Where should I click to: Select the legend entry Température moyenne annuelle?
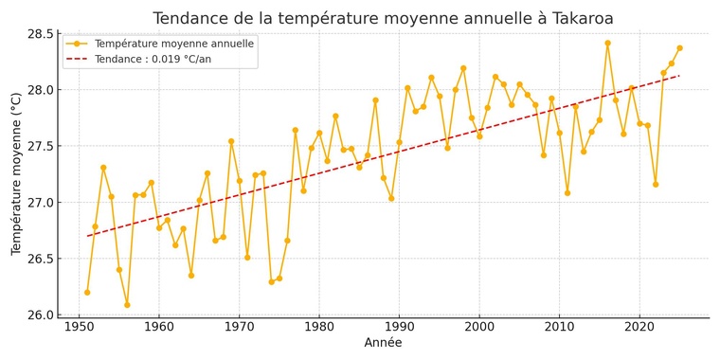tap(174, 44)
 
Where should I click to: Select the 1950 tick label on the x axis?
tap(79, 327)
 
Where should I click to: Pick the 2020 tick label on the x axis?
tap(639, 327)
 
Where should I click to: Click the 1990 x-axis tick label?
tap(399, 327)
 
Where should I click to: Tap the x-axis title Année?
tap(383, 343)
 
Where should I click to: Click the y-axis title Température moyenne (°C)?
tap(16, 173)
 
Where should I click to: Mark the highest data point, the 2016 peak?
tap(607, 43)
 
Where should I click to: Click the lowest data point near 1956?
tap(127, 305)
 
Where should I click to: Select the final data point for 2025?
tap(679, 48)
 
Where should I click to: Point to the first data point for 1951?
tap(87, 293)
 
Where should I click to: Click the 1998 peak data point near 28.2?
tap(463, 68)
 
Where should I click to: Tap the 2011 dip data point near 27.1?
tap(567, 193)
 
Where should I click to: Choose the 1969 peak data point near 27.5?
tap(231, 141)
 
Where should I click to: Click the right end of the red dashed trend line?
tap(679, 76)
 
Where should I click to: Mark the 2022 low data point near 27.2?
tap(656, 184)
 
